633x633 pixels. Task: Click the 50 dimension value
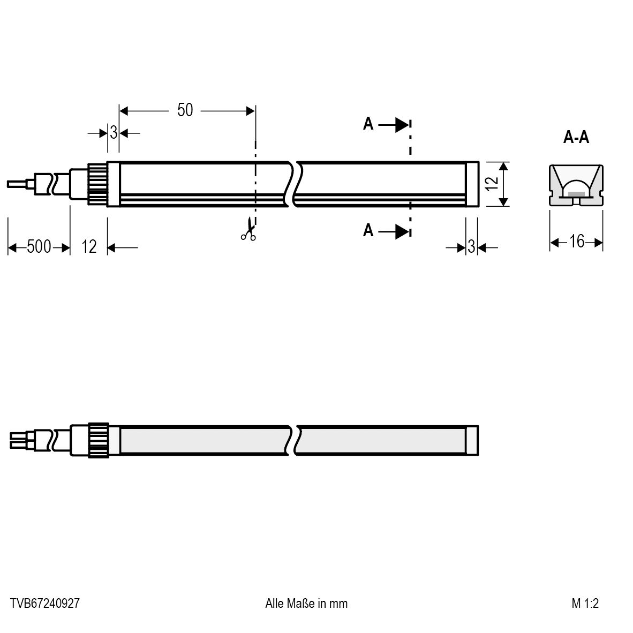point(185,110)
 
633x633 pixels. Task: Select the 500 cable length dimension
point(39,247)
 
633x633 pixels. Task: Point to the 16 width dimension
point(577,242)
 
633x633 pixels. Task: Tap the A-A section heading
point(576,138)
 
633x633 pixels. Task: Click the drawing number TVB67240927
point(45,604)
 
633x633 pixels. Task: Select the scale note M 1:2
point(585,604)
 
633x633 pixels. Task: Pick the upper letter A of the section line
point(368,125)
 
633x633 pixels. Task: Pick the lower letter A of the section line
point(368,231)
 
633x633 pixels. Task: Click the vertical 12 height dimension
point(494,183)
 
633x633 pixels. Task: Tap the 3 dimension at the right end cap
point(471,247)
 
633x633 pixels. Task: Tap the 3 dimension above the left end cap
point(114,132)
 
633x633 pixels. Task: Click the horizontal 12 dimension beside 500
point(89,247)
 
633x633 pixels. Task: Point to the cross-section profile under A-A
point(576,185)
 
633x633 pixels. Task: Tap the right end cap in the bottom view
point(472,440)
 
